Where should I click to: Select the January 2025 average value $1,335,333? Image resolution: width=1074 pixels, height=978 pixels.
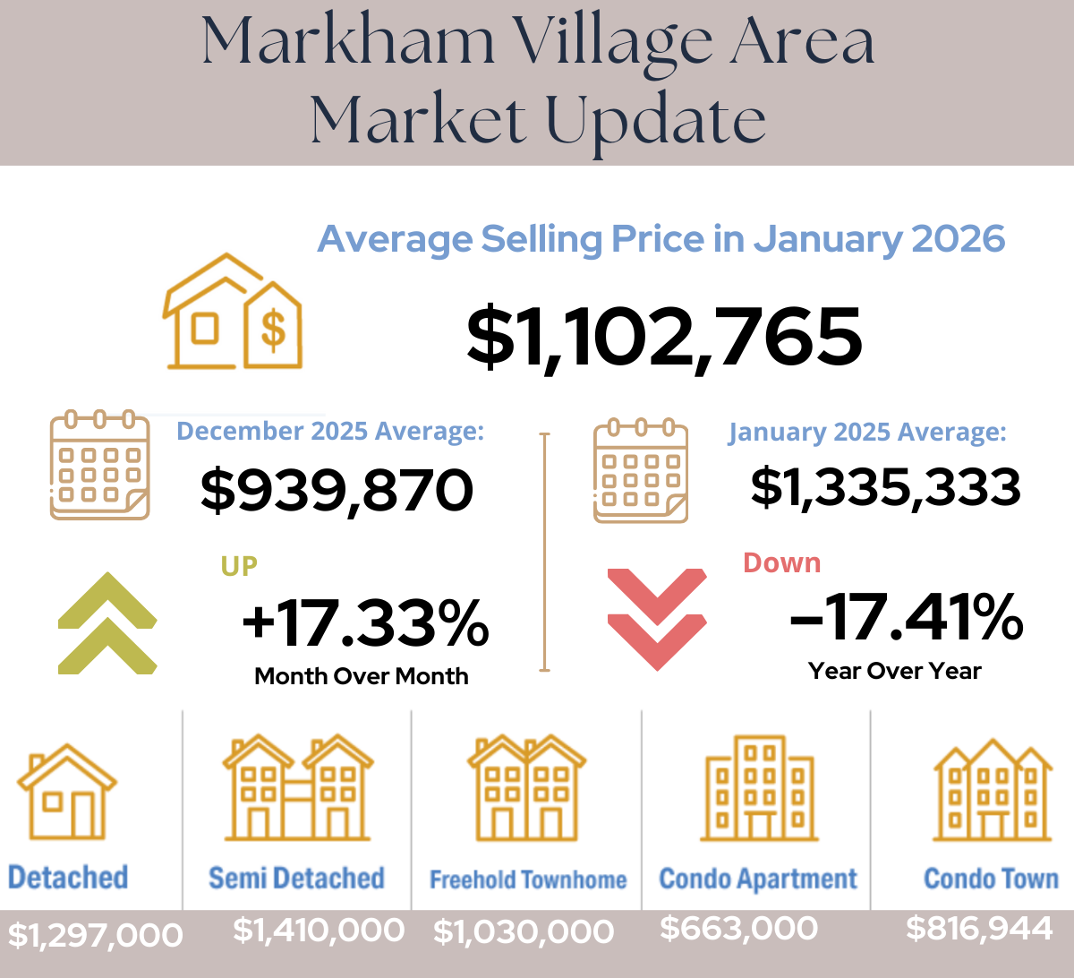tap(885, 487)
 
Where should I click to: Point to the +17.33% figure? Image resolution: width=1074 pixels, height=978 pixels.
tap(365, 623)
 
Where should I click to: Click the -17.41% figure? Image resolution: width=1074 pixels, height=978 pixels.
tap(906, 618)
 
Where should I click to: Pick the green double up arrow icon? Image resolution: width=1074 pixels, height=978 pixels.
tap(107, 623)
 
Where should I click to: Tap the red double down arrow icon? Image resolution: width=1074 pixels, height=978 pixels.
tap(657, 618)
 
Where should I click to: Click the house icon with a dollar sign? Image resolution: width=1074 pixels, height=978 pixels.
tap(233, 313)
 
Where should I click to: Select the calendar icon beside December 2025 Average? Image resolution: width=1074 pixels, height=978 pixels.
tap(99, 466)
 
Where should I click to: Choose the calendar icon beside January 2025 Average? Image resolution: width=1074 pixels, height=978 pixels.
tap(641, 470)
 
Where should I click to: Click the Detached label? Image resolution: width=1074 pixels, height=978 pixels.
tap(68, 877)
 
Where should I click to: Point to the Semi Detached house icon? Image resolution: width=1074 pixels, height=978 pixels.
tap(297, 788)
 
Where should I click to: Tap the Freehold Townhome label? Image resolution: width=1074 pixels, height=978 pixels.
tap(528, 879)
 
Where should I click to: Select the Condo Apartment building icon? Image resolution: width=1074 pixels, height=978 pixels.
tap(759, 788)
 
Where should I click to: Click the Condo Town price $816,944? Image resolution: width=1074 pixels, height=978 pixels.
tap(979, 929)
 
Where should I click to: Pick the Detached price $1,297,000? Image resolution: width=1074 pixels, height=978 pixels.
tap(95, 935)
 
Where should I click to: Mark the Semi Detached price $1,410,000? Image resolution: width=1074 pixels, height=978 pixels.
tap(319, 931)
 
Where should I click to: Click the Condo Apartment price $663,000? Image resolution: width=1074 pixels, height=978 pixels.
tap(738, 929)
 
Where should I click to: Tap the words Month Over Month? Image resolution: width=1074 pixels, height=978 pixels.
tap(362, 676)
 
